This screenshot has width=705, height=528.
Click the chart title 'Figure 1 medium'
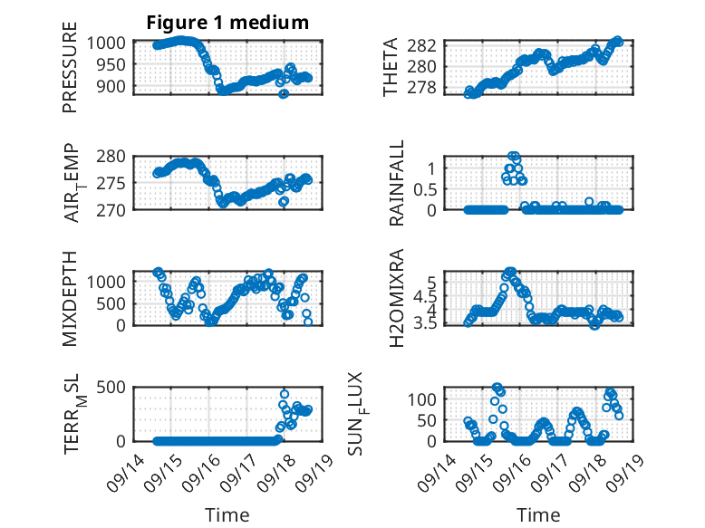[227, 23]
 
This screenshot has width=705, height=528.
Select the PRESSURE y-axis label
[70, 67]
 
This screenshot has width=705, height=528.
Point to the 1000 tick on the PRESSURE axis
[106, 43]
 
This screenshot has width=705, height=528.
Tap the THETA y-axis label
[391, 67]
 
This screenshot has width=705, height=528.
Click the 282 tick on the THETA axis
[421, 45]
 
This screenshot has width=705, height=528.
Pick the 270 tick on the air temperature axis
[111, 210]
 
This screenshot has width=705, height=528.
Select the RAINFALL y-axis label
[397, 183]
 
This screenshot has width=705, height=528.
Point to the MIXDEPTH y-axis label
[70, 299]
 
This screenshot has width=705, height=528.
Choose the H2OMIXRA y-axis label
[397, 298]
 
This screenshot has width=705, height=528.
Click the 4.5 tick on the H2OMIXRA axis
[425, 296]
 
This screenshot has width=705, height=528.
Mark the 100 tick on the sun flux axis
[421, 399]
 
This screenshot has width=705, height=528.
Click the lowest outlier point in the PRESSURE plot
[284, 94]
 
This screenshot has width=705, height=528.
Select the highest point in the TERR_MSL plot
[285, 394]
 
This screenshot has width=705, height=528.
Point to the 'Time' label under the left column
[227, 514]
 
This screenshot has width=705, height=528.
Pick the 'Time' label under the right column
[538, 514]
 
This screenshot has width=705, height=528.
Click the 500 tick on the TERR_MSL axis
[111, 387]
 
